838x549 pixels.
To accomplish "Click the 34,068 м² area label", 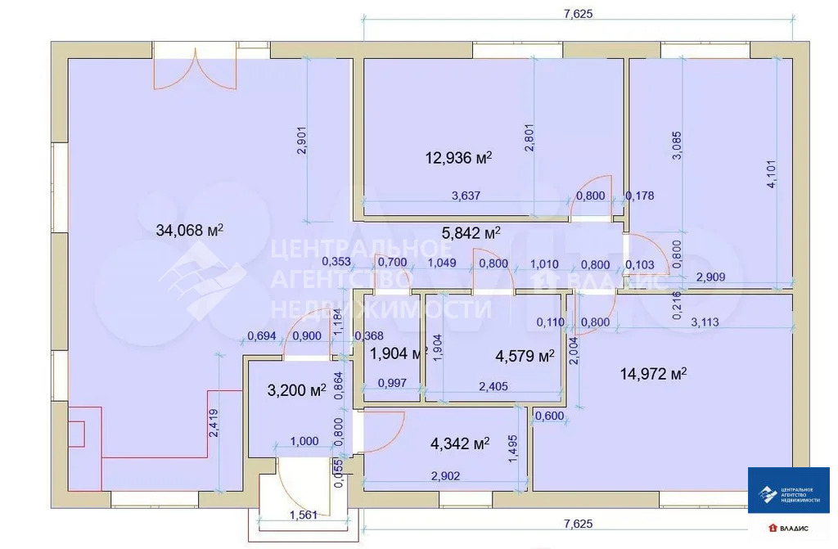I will point(190,231).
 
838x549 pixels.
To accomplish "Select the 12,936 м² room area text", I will point(458,157).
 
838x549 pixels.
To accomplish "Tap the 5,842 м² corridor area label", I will point(471,233).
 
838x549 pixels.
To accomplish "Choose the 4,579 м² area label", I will point(525,356).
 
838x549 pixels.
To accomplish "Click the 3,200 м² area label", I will point(296,390).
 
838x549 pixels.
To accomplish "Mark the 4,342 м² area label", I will point(459,444).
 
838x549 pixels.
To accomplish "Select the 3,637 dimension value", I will point(466,196).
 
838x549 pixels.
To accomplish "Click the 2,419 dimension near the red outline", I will point(213,424).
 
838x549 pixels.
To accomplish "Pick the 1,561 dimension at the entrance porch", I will point(304,515).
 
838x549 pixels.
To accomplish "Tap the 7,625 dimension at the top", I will point(577,13).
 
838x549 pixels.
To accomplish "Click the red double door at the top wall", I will point(196,70).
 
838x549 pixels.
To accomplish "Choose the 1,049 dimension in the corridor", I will point(442,263).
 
